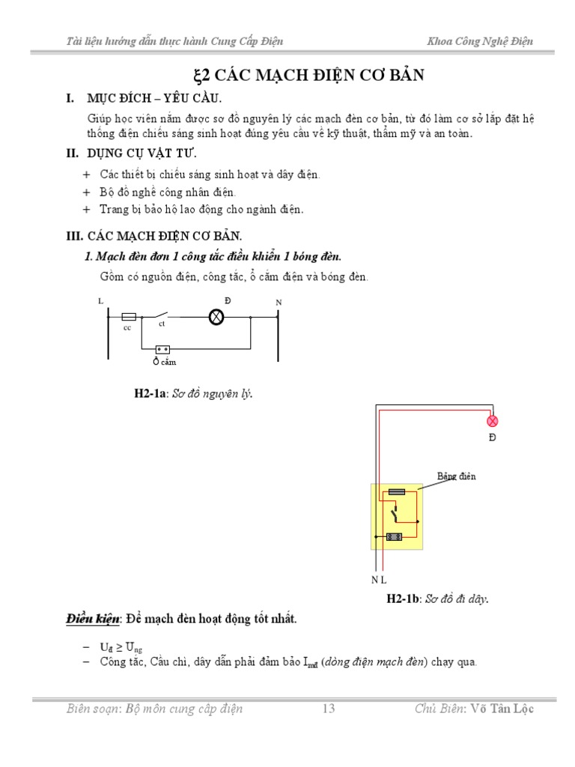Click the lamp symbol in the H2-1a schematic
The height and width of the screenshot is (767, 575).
[x=216, y=317]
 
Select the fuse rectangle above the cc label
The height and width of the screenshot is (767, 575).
[x=128, y=317]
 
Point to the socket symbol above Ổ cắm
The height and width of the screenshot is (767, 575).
[x=162, y=349]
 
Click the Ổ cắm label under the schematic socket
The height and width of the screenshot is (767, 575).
[x=164, y=363]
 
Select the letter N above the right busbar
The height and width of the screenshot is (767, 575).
[x=279, y=302]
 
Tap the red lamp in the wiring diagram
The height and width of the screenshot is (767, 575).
[x=492, y=421]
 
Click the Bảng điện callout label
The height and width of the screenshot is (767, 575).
[x=456, y=476]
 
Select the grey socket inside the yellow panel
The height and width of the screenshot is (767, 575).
[x=395, y=536]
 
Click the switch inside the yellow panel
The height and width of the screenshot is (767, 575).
[x=392, y=514]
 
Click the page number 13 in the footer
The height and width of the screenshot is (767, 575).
[x=328, y=709]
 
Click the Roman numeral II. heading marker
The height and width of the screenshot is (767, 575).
[x=73, y=154]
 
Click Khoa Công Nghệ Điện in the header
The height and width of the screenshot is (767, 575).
[x=480, y=41]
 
